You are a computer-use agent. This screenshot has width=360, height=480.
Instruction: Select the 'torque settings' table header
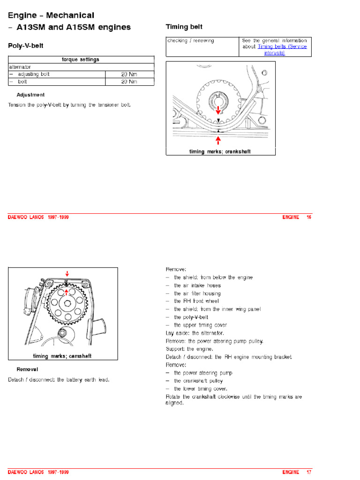pyautogui.click(x=81, y=60)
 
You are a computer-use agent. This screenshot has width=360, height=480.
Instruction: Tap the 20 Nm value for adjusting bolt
pyautogui.click(x=129, y=74)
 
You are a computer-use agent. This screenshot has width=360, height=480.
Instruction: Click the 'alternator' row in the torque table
pyautogui.click(x=20, y=67)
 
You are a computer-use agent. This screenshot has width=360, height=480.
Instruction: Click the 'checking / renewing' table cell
pyautogui.click(x=190, y=41)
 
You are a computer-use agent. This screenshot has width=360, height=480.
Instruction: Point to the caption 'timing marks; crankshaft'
pyautogui.click(x=220, y=152)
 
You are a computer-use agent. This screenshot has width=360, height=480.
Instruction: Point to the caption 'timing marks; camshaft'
pyautogui.click(x=62, y=356)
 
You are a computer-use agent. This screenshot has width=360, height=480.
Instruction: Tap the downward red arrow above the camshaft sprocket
pyautogui.click(x=67, y=273)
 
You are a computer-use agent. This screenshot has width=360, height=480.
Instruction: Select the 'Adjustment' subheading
pyautogui.click(x=30, y=95)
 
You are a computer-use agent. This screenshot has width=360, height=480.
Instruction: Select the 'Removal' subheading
pyautogui.click(x=27, y=369)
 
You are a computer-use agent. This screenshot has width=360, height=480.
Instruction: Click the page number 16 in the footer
pyautogui.click(x=308, y=217)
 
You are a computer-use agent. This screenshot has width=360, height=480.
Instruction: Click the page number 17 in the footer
pyautogui.click(x=308, y=472)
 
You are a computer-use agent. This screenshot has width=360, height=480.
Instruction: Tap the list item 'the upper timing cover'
pyautogui.click(x=200, y=325)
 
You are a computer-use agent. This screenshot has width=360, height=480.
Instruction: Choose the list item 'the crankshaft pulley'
pyautogui.click(x=198, y=381)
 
